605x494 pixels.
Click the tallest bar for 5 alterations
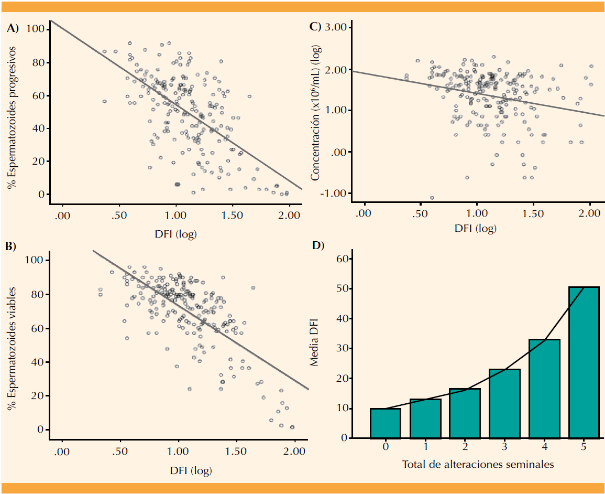tap(584, 362)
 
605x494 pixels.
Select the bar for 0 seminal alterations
tap(386, 423)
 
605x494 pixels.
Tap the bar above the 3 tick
tap(504, 403)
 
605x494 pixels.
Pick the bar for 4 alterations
tap(544, 388)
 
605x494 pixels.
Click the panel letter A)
tap(13, 29)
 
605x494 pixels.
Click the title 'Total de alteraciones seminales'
tap(478, 464)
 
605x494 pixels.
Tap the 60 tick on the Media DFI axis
tap(342, 259)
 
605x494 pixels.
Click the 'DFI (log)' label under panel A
tap(176, 234)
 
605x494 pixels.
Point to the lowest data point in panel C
tap(432, 198)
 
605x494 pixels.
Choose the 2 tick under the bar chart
tap(465, 447)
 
